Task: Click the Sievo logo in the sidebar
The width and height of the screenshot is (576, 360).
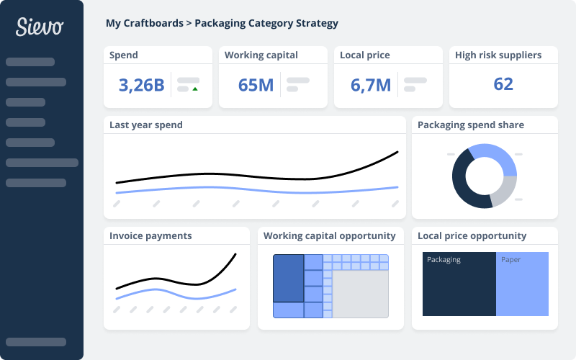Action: (x=40, y=27)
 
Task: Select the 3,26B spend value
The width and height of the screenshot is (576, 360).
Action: (x=141, y=85)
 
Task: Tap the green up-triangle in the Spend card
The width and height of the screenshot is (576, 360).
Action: (x=195, y=89)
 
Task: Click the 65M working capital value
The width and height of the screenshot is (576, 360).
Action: (x=256, y=85)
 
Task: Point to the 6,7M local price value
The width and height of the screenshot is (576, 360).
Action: (x=370, y=85)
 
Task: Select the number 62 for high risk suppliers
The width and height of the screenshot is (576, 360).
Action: (x=503, y=84)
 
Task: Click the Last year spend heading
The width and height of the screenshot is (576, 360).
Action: (x=146, y=125)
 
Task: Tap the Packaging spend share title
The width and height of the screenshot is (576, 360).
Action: (x=471, y=125)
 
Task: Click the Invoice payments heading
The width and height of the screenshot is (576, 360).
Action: (x=150, y=236)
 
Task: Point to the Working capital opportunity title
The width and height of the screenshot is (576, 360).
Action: (x=329, y=236)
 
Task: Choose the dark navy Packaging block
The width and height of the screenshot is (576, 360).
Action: (x=459, y=288)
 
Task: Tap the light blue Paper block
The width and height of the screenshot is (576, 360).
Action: (x=522, y=288)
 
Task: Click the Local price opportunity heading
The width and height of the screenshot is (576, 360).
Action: (x=472, y=236)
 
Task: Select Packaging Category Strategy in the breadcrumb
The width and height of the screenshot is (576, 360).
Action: (x=266, y=23)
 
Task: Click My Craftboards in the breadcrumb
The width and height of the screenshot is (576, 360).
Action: (x=144, y=23)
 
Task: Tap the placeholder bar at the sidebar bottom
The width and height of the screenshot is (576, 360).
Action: (x=36, y=342)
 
